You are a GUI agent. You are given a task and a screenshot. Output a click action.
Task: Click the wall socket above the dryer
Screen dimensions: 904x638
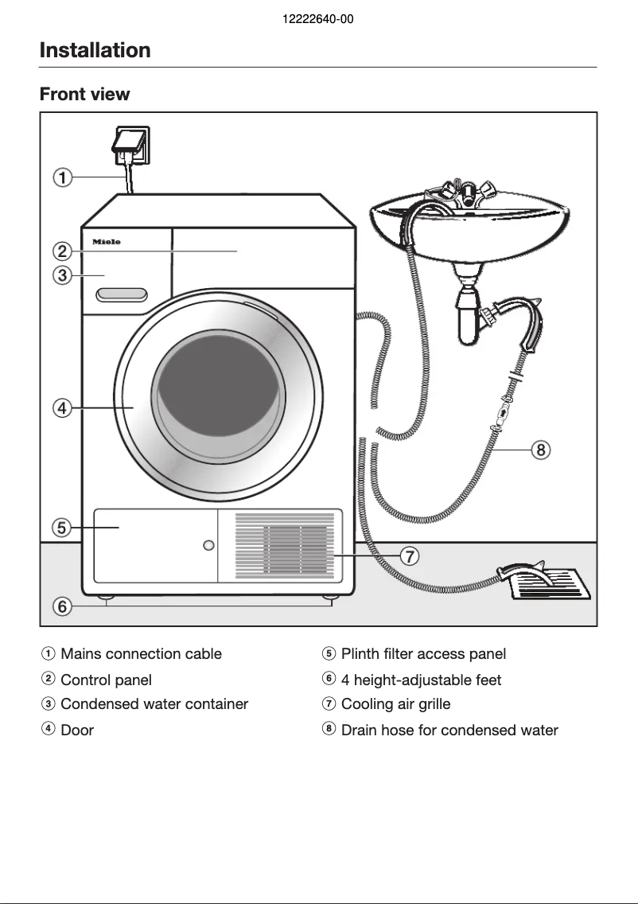click(x=130, y=146)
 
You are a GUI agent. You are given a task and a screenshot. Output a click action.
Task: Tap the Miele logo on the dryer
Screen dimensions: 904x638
click(x=106, y=242)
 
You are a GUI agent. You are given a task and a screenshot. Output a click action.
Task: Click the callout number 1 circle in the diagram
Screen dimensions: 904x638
click(x=63, y=177)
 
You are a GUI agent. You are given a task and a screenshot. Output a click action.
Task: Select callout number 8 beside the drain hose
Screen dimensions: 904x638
click(x=540, y=450)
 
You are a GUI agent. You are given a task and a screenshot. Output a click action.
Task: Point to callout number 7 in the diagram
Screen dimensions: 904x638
click(x=408, y=556)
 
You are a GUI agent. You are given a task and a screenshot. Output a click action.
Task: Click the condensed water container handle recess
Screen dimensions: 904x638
click(x=122, y=295)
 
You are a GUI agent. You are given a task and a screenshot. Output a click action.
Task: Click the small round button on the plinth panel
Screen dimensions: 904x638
click(x=208, y=545)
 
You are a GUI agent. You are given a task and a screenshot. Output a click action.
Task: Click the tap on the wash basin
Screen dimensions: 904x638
click(x=469, y=192)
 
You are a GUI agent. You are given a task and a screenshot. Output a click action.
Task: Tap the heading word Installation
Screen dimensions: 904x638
click(x=95, y=50)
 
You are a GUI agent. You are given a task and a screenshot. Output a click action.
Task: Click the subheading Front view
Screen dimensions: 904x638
click(x=84, y=94)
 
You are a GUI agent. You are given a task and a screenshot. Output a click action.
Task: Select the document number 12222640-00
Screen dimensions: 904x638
click(x=318, y=19)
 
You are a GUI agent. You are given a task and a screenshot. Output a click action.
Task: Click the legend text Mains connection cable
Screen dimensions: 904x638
click(x=141, y=654)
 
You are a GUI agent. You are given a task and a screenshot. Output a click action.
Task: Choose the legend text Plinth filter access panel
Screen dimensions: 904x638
click(x=423, y=654)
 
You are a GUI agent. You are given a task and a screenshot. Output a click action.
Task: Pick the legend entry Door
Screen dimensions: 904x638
click(x=77, y=731)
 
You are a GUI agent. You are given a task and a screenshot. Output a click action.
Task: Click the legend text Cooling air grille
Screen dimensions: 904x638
click(x=395, y=704)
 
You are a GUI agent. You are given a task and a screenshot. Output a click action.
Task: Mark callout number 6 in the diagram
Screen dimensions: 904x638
click(x=63, y=607)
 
